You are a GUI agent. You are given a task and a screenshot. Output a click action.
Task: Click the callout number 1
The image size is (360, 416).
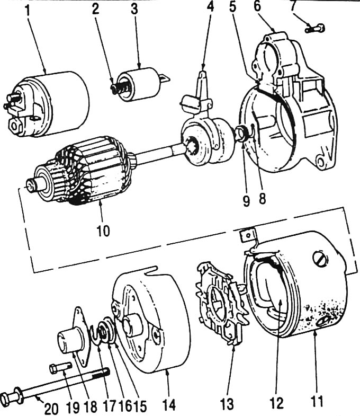(x=28, y=10)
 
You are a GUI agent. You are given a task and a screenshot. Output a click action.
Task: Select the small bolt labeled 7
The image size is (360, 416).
(x=315, y=28)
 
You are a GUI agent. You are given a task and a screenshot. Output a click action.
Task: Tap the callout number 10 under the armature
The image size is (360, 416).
(x=103, y=231)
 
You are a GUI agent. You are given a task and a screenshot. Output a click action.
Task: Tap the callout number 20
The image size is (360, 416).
(x=51, y=409)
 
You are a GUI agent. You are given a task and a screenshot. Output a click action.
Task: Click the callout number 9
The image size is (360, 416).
(x=247, y=201)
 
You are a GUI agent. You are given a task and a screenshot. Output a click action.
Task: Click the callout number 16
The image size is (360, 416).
(x=126, y=405)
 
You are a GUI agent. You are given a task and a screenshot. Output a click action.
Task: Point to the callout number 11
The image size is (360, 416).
(x=317, y=401)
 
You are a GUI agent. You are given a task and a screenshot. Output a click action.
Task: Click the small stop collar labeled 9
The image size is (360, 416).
(x=242, y=132)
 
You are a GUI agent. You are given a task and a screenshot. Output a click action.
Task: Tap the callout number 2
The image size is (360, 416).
(x=95, y=9)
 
